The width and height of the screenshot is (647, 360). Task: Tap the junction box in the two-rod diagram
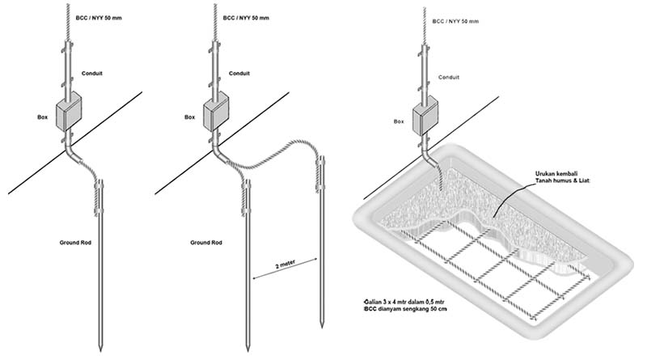pos(216,112)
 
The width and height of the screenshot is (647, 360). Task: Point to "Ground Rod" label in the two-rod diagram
pos(207,242)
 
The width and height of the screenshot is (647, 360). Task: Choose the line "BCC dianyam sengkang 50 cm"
pos(408,310)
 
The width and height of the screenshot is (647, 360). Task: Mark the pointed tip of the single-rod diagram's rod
pos(99,349)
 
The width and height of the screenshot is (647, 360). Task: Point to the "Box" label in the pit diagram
pos(399,121)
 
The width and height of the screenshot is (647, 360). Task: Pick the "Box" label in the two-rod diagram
pos(190,116)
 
